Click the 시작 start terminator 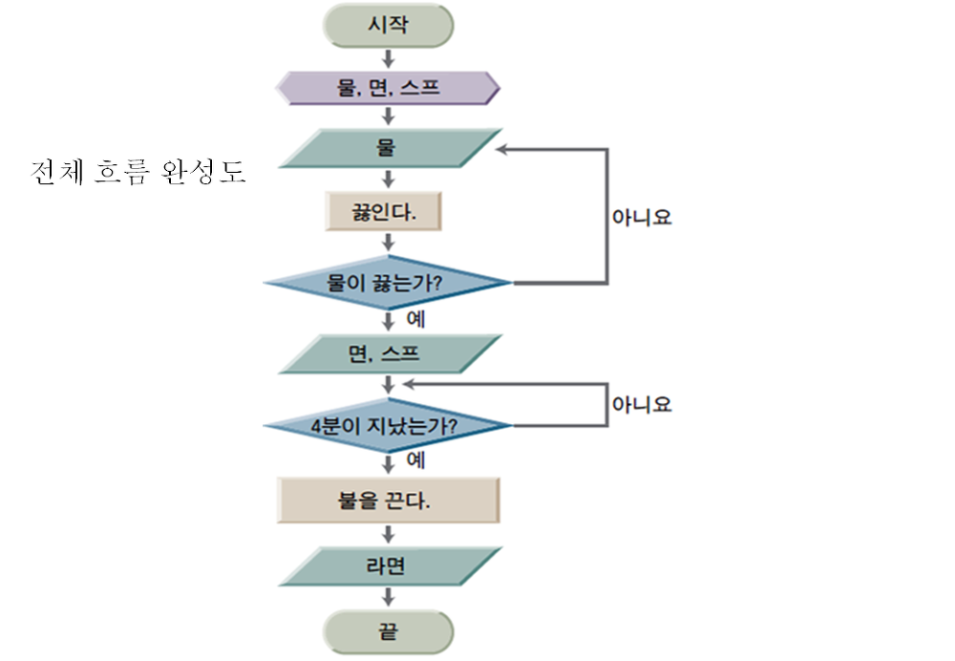point(388,26)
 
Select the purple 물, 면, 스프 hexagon point(388,89)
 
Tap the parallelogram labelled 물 point(388,149)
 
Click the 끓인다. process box point(384,211)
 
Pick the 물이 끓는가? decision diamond point(388,283)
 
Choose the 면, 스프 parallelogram point(388,353)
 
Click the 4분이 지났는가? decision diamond point(388,425)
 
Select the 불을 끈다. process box point(388,500)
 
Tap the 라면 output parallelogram point(388,566)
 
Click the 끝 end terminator point(388,631)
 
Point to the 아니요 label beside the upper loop point(642,217)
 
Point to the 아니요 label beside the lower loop point(642,404)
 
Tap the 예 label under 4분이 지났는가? point(415,460)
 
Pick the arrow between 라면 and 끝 point(388,598)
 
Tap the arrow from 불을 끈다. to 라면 point(388,535)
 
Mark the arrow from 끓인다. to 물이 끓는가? point(388,243)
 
